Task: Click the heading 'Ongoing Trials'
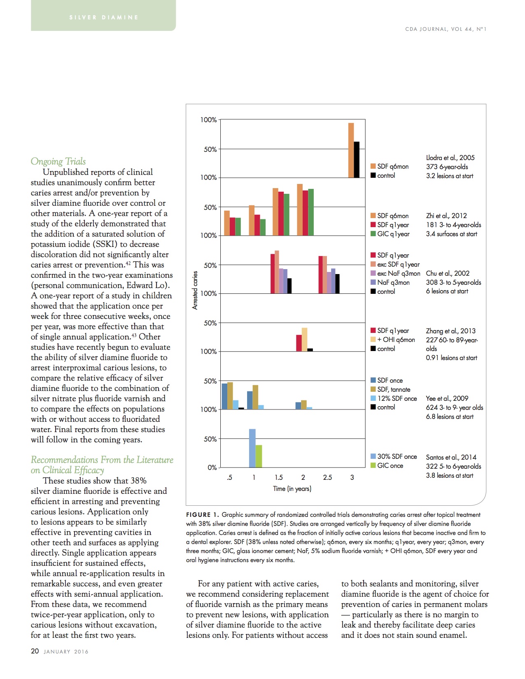click(58, 161)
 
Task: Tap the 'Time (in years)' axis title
click(292, 488)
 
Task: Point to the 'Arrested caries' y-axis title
click(195, 290)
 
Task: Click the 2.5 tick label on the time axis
click(327, 477)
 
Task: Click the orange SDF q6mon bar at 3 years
click(351, 150)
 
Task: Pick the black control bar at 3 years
click(357, 160)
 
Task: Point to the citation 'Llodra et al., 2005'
click(450, 158)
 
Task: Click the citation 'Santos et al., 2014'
click(451, 457)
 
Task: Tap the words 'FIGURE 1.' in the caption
click(202, 515)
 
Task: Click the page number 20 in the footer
click(35, 651)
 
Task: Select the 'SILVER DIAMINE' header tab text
click(104, 17)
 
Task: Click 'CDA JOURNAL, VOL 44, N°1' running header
click(446, 29)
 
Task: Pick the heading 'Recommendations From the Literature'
click(102, 460)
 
